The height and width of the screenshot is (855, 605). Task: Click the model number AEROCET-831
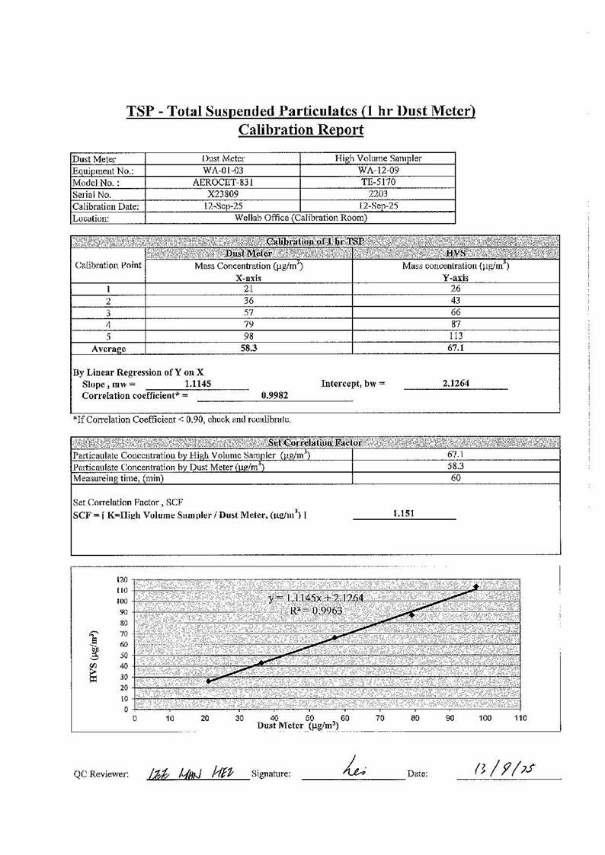point(223,183)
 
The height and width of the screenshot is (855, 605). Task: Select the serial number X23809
point(223,194)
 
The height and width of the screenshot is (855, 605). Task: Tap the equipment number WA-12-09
point(378,171)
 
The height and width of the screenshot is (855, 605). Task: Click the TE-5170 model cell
point(378,183)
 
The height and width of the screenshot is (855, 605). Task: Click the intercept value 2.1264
point(456,384)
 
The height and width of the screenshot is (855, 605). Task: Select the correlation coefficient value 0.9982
point(274,396)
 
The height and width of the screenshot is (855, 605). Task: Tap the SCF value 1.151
point(404,514)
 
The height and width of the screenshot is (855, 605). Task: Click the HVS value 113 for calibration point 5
point(455,336)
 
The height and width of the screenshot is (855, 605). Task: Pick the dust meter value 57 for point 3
point(248,312)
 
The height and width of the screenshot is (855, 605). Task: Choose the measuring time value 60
point(456,478)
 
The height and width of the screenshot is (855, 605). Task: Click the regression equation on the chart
point(315,598)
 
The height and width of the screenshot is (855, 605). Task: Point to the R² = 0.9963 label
point(320,611)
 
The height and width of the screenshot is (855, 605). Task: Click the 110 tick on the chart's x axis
point(520,718)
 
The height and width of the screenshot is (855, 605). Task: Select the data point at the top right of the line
point(476,587)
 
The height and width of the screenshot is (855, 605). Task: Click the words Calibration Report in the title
point(301,129)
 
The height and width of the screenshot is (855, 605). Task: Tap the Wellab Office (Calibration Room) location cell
point(299,218)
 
